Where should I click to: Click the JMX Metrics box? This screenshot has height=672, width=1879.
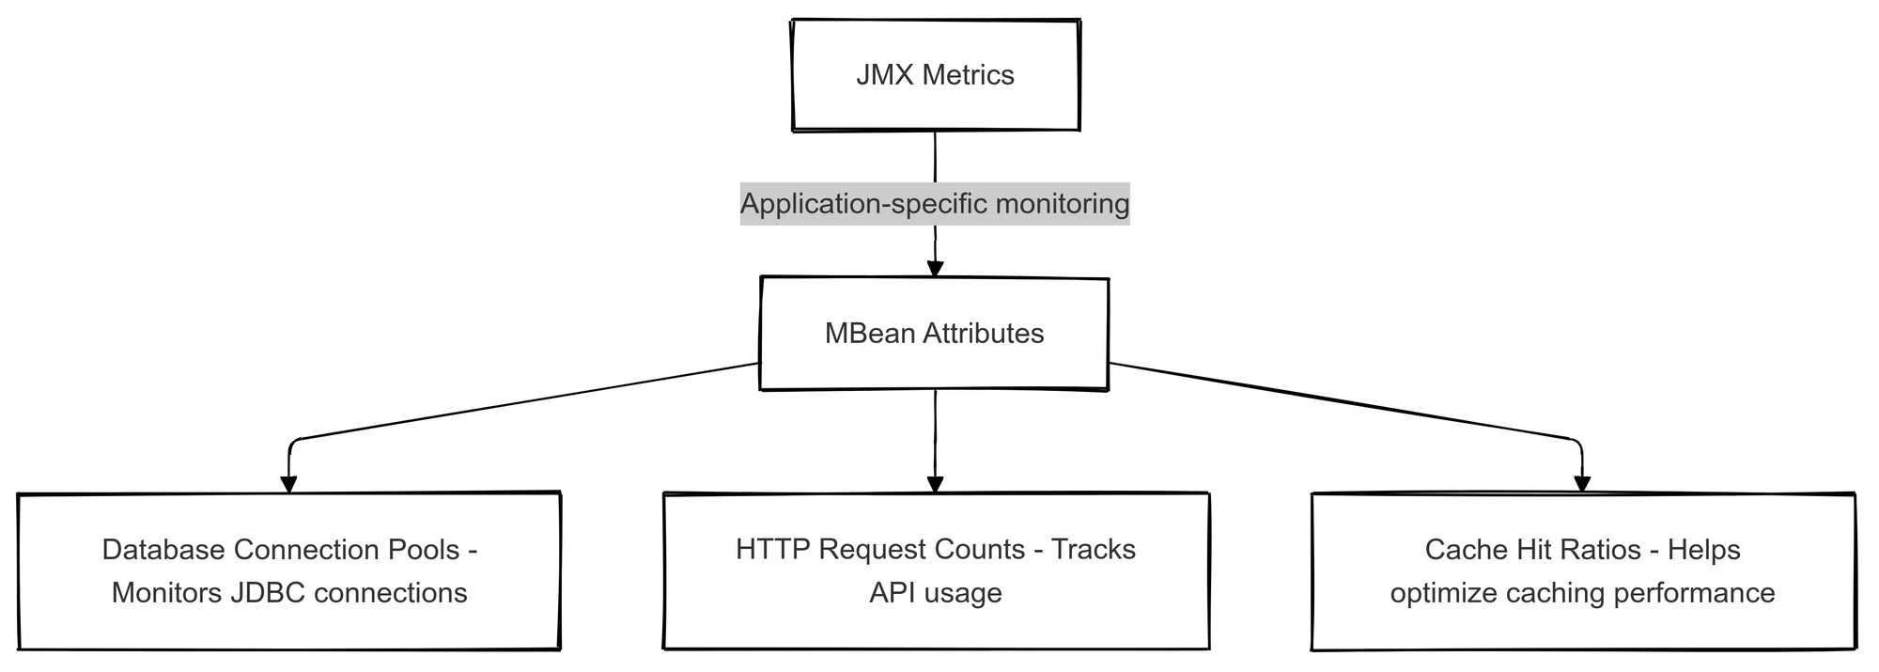(x=936, y=75)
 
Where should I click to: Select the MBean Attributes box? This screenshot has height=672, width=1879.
(x=934, y=334)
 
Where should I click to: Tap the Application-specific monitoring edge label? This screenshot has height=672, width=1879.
(x=935, y=203)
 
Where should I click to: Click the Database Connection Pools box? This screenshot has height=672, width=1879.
(x=289, y=570)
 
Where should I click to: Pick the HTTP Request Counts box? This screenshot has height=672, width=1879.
(x=936, y=570)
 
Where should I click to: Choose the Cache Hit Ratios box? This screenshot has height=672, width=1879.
(x=1583, y=570)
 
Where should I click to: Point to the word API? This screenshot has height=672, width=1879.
(x=888, y=593)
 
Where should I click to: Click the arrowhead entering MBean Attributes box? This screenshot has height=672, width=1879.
(x=935, y=269)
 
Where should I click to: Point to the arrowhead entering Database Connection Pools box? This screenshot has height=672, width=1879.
(x=289, y=484)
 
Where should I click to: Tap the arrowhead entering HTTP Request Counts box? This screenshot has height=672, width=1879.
(x=935, y=484)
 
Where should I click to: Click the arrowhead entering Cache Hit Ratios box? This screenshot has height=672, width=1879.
(x=1582, y=484)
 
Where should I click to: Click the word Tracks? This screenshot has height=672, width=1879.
(x=1093, y=549)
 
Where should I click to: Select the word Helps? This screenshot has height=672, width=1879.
(x=1703, y=549)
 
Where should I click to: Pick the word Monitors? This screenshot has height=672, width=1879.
(x=166, y=593)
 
